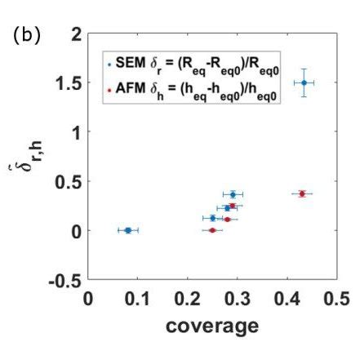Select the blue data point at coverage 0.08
click(x=127, y=230)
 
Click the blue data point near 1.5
click(x=304, y=82)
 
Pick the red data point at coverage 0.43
click(x=302, y=193)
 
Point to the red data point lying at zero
click(x=212, y=230)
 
